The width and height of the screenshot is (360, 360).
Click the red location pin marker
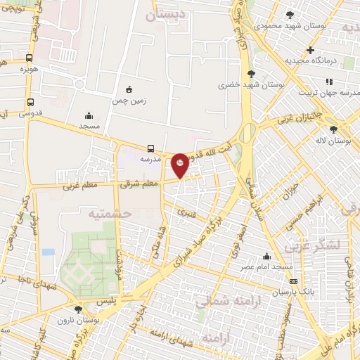180,165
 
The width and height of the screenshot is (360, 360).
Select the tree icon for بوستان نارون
78,309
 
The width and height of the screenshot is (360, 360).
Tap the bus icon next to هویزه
28,58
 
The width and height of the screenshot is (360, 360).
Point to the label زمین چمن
129,101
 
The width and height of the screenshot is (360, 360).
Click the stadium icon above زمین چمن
128,89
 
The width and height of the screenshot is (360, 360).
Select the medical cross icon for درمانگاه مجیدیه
310,50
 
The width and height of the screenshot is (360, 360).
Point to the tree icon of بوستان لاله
333,129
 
